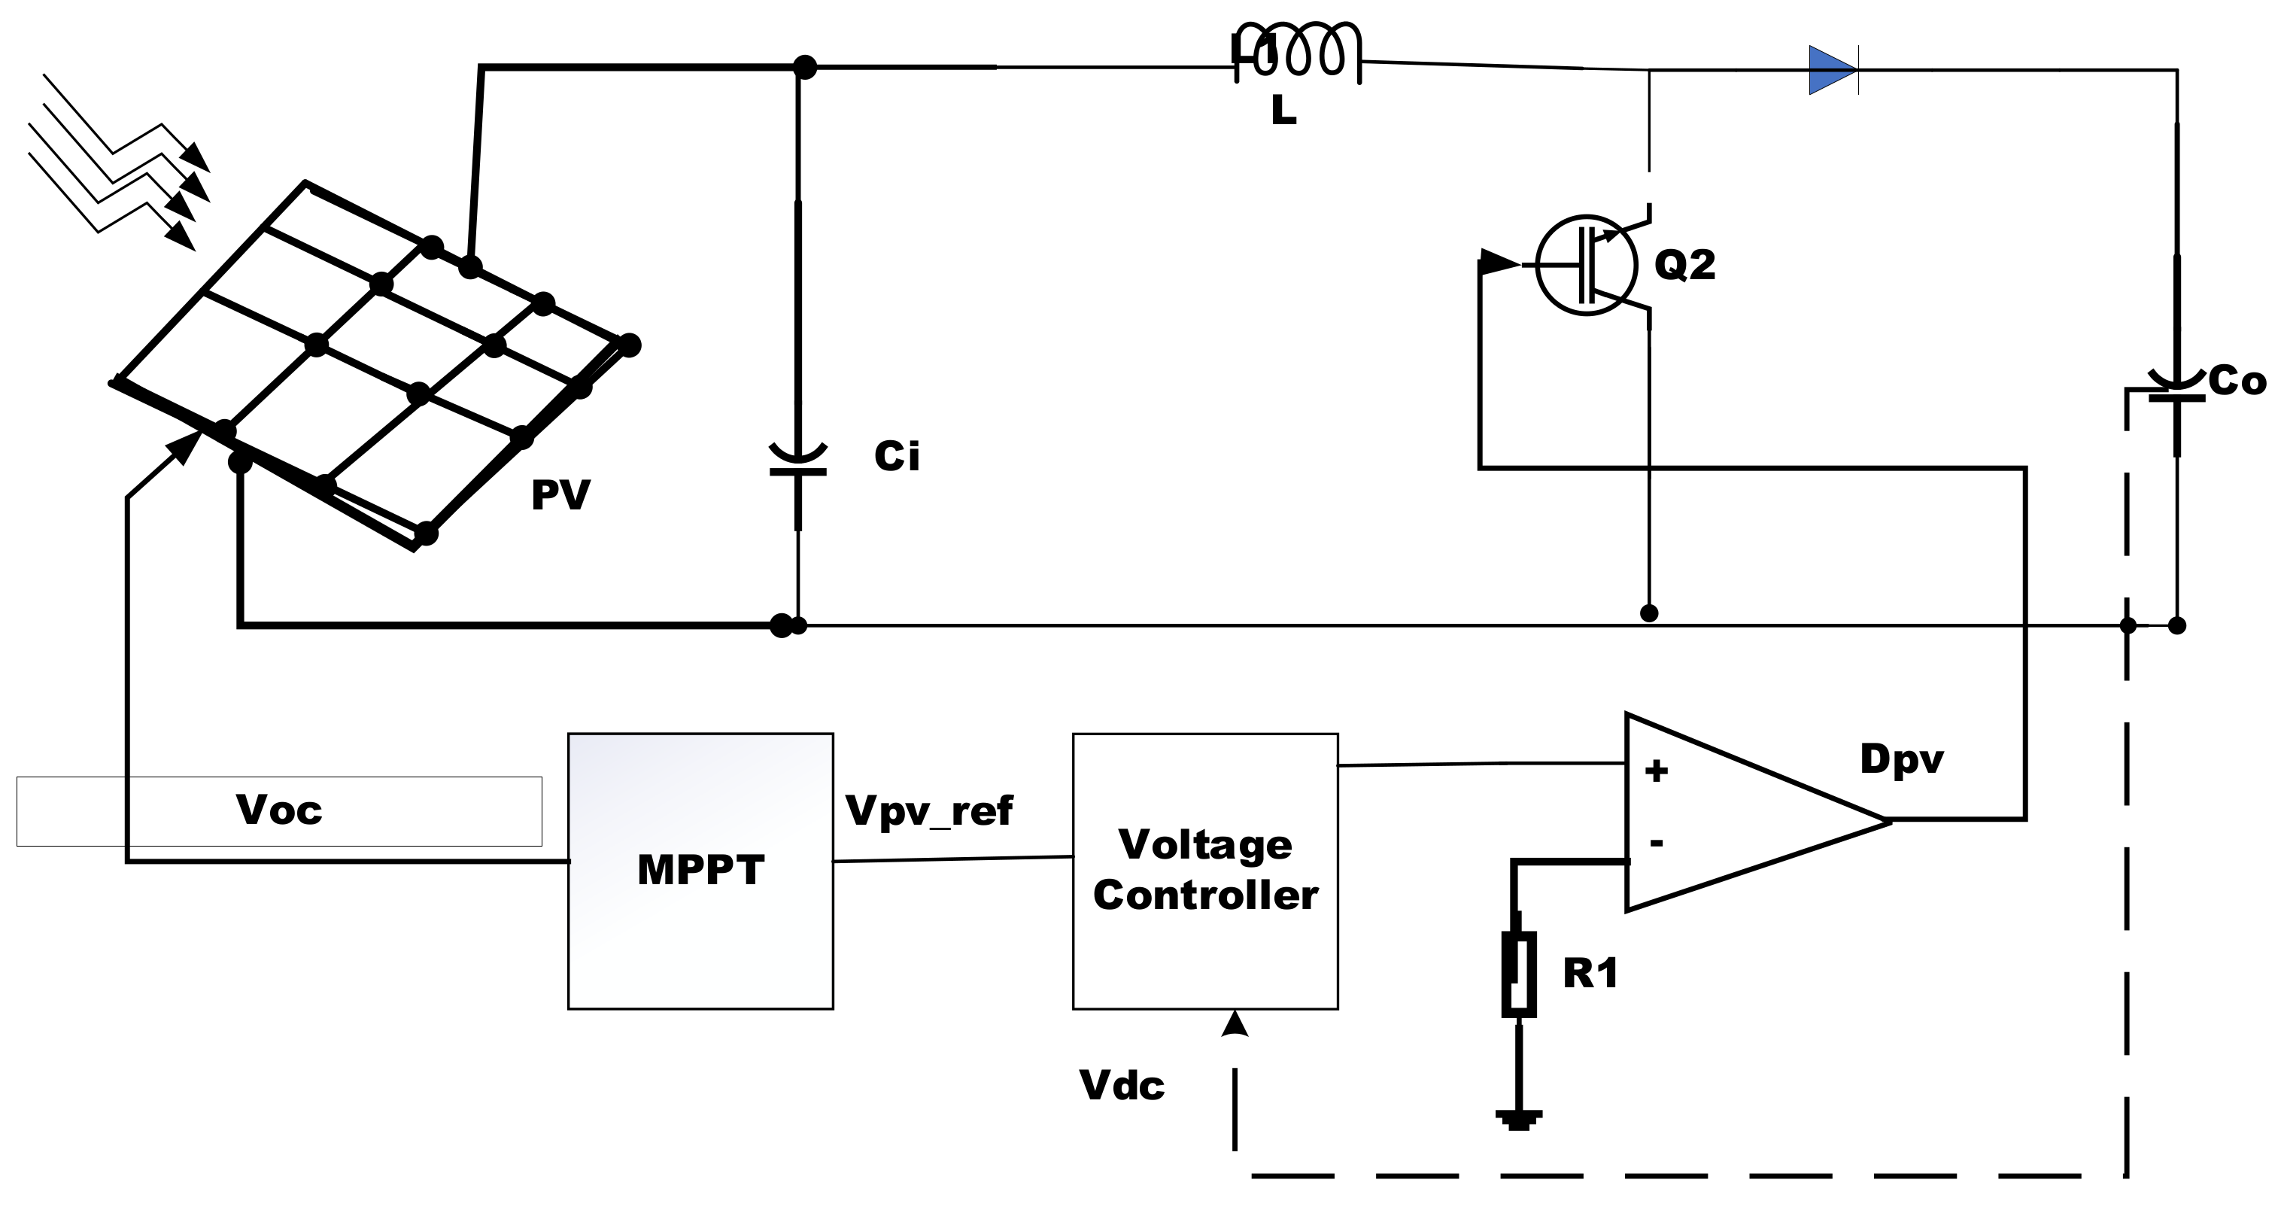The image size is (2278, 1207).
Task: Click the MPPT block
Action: [700, 870]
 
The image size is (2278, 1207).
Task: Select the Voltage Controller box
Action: [1204, 870]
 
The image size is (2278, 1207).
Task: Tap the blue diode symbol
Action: [1833, 70]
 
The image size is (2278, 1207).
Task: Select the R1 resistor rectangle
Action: [1518, 974]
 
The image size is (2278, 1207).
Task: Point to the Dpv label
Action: [1901, 759]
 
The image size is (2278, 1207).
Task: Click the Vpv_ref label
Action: [928, 810]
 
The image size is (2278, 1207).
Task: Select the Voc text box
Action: [278, 811]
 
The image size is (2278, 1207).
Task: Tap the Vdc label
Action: [1121, 1086]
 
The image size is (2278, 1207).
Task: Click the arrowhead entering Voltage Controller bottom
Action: [1235, 1024]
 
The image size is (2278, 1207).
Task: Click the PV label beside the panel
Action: [560, 495]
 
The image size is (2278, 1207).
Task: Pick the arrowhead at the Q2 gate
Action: [1497, 263]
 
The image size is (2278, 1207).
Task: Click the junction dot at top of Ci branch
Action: [803, 66]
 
